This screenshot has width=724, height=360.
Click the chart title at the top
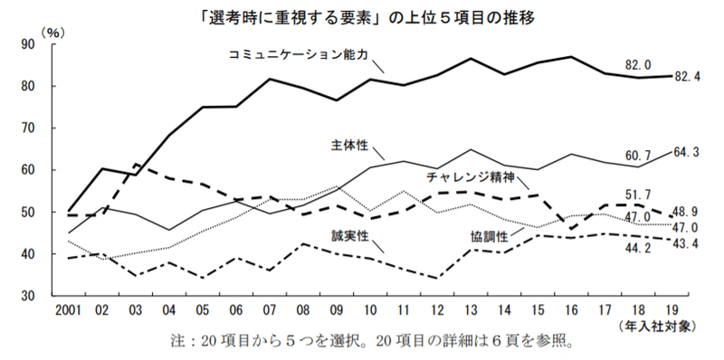click(362, 16)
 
